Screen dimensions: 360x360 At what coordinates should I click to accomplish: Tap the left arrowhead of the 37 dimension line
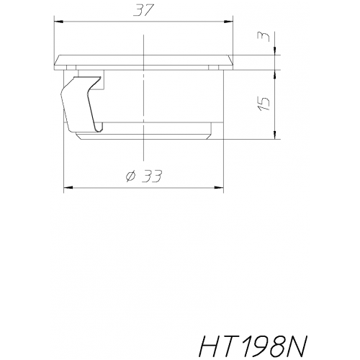click(x=58, y=20)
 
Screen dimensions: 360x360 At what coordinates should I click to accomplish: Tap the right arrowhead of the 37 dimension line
click(x=232, y=20)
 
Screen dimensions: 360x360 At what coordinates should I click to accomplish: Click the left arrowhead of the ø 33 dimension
click(x=68, y=188)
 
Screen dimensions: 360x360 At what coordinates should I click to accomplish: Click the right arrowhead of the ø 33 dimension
click(x=222, y=188)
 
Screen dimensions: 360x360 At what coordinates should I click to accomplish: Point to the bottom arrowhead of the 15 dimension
click(x=276, y=136)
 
